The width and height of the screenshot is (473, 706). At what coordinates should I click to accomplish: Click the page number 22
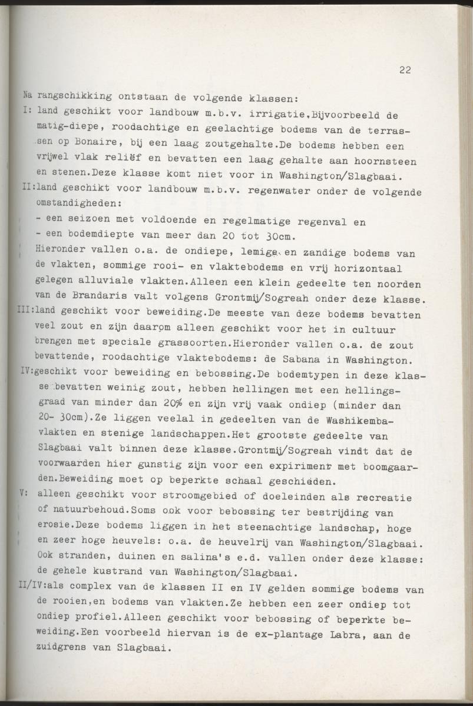tap(405, 70)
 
